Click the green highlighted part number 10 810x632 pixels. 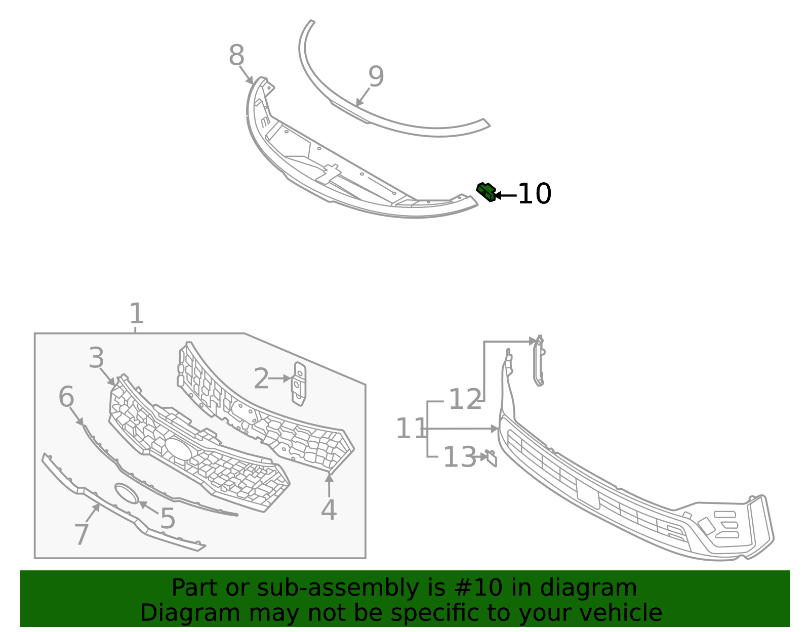coord(486,192)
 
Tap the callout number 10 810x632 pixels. coord(535,194)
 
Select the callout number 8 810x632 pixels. coord(236,56)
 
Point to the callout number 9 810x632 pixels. coord(376,77)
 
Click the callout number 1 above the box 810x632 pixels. coord(137,314)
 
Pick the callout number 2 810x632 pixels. coord(261,379)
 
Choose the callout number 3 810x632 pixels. coord(96,358)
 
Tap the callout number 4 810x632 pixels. coord(329,510)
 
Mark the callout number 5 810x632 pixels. coord(168,519)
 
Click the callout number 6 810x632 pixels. coord(66,397)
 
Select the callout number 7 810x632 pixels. coord(82,535)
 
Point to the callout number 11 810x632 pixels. coord(411,429)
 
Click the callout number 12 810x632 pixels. coord(465,400)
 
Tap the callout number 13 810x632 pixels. coord(460,457)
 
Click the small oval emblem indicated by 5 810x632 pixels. coord(127,493)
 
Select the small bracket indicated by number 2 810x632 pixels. coord(299,384)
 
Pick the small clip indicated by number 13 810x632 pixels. coord(491,458)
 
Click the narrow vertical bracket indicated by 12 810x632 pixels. coord(539,360)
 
